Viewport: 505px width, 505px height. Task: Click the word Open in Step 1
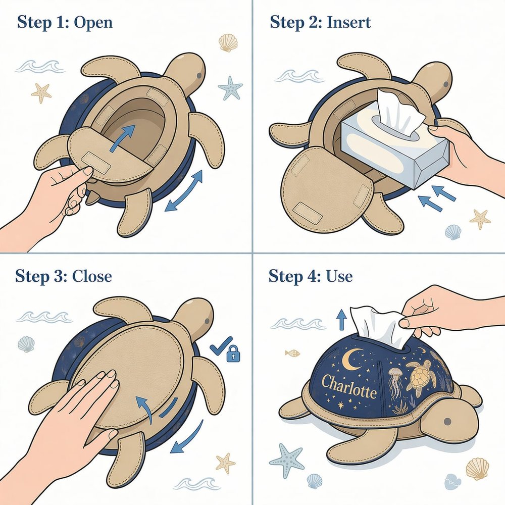pyautogui.click(x=93, y=23)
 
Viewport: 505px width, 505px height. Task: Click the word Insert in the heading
pyautogui.click(x=349, y=23)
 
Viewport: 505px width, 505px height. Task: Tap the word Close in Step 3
pyautogui.click(x=92, y=276)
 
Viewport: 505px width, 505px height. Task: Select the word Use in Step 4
pyautogui.click(x=339, y=276)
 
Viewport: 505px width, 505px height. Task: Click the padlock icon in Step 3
pyautogui.click(x=233, y=353)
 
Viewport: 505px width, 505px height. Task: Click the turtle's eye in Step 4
pyautogui.click(x=447, y=422)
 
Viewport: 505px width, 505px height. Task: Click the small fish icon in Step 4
pyautogui.click(x=292, y=353)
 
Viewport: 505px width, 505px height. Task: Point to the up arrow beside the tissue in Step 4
pyautogui.click(x=340, y=320)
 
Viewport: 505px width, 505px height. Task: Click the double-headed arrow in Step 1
pyautogui.click(x=183, y=191)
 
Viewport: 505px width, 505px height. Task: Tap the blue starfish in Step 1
pyautogui.click(x=230, y=88)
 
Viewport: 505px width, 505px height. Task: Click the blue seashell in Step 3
pyautogui.click(x=26, y=344)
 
